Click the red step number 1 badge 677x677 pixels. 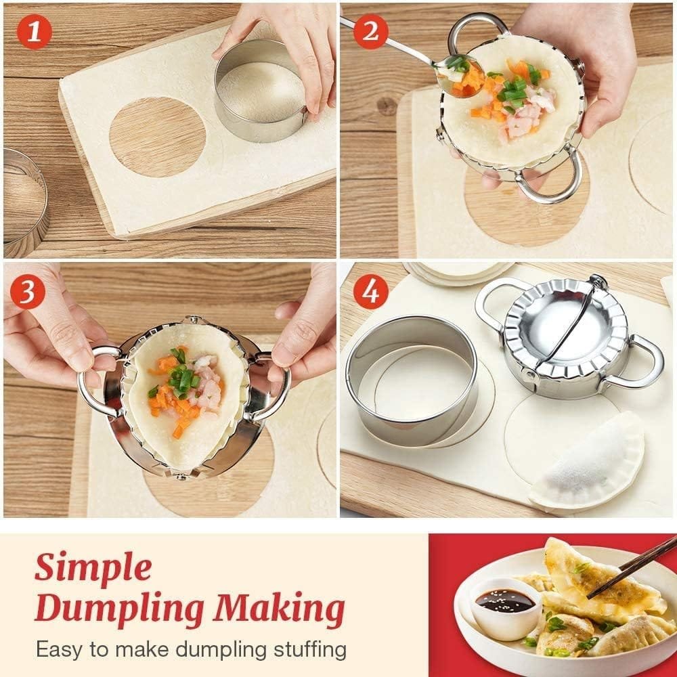click(x=30, y=31)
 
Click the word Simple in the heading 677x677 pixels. click(x=93, y=567)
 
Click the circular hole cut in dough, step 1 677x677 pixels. click(x=157, y=136)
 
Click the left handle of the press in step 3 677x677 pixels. click(x=95, y=379)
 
